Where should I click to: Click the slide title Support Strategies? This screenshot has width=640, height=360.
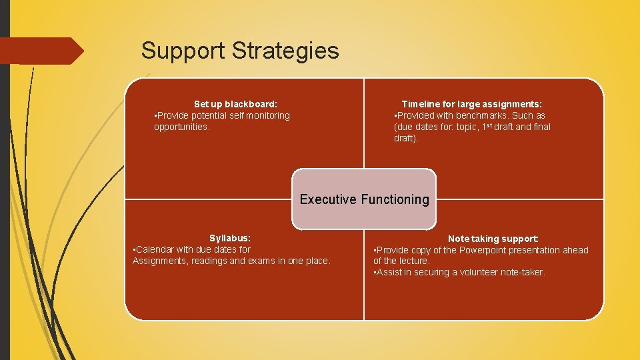(240, 51)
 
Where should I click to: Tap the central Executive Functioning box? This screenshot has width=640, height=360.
(364, 199)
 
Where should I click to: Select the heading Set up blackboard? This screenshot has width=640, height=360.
(235, 104)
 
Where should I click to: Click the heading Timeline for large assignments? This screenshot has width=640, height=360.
(471, 104)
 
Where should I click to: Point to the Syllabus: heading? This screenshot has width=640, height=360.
(230, 238)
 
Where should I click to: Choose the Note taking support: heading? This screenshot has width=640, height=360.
(493, 239)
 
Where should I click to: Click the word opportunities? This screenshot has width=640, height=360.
(181, 127)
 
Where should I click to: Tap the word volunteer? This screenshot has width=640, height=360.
(481, 272)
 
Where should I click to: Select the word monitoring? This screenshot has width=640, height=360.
(265, 115)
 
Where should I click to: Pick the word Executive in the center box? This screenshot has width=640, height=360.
(328, 199)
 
